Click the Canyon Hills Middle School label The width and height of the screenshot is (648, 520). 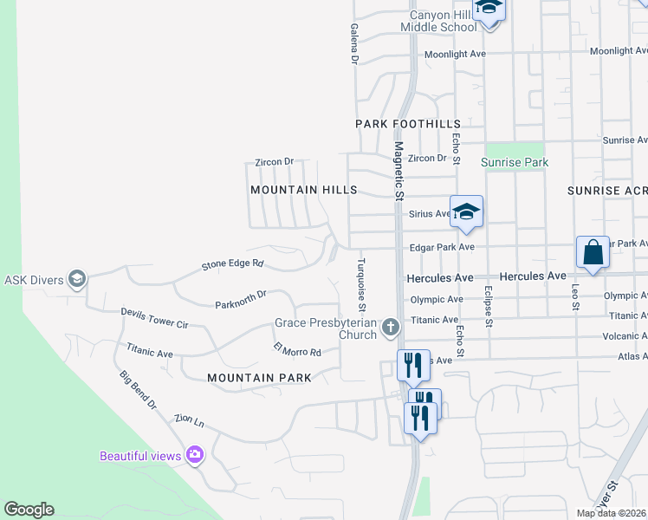pos(438,21)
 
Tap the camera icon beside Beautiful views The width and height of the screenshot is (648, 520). pos(195,454)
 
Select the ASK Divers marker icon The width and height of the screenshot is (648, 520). pos(77,278)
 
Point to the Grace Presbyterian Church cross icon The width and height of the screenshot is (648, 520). pos(391,327)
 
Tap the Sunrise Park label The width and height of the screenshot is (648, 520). pos(515,162)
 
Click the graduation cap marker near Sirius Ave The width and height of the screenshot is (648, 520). pos(466,211)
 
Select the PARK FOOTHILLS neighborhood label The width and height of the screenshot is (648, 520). pos(407,125)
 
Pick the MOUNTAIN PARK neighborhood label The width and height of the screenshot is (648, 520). pos(260,378)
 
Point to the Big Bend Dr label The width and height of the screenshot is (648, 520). pos(138,389)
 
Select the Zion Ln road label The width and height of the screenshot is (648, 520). pos(188,421)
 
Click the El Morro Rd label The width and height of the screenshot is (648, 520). pos(297,351)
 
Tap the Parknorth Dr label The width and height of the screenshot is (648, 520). pos(241,300)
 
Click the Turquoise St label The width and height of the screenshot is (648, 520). pos(362,283)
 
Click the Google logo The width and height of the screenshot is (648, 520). pos(29,510)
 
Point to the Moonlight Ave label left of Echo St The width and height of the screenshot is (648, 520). pos(455,54)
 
